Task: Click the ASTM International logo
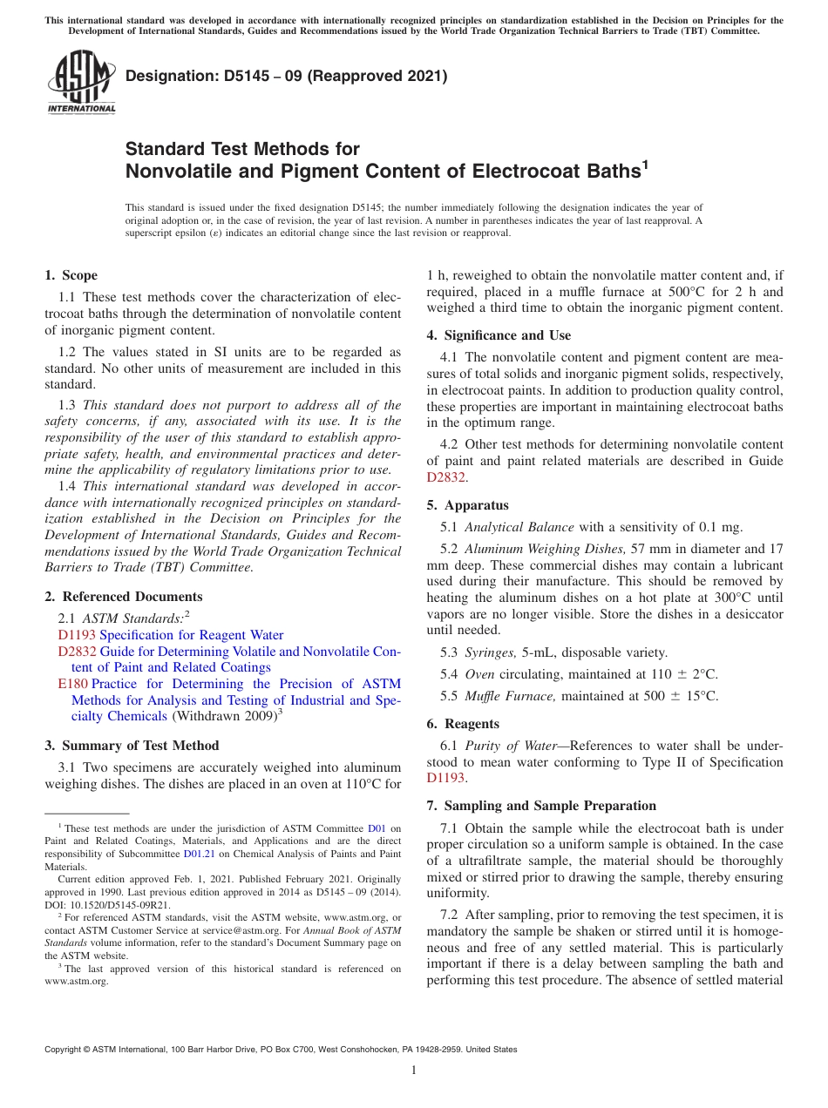(x=80, y=83)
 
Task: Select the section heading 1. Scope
(x=71, y=276)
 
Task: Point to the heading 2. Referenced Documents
(x=123, y=597)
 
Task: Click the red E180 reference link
(x=72, y=684)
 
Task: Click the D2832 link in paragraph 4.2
(x=446, y=477)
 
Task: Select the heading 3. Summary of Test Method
(x=132, y=746)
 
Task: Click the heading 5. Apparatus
(x=467, y=505)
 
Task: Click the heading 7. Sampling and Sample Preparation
(x=541, y=806)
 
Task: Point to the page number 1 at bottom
(x=414, y=1070)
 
